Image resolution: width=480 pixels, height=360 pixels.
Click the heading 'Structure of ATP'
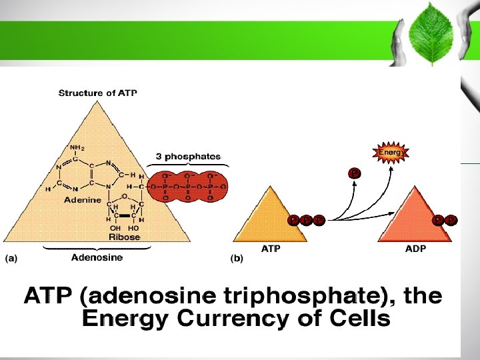pos(98,93)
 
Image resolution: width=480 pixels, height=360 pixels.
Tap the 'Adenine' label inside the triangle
pos(83,199)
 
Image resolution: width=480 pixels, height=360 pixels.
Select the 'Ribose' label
pos(125,237)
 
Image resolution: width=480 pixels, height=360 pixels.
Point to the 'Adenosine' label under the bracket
pos(97,258)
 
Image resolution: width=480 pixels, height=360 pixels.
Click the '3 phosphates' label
pos(188,156)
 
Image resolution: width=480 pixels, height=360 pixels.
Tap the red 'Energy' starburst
pos(391,153)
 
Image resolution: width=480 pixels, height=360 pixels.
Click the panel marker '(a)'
pos(12,259)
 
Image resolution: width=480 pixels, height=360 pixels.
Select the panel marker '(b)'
pos(237,259)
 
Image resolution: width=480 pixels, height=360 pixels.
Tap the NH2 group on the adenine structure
pos(77,147)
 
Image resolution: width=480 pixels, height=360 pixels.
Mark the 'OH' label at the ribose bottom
pos(115,227)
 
